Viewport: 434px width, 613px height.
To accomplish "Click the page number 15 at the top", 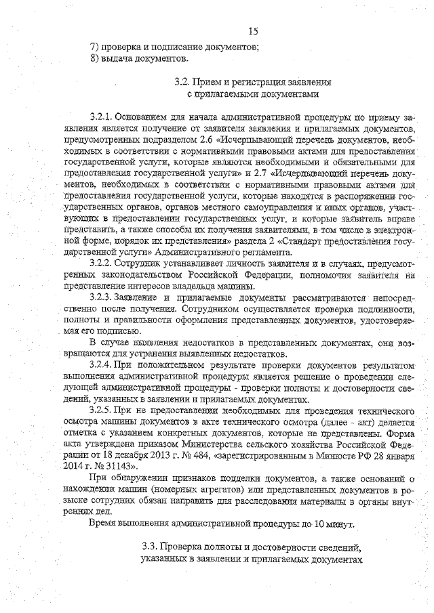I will (x=254, y=31).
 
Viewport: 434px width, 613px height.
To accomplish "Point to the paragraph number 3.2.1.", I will (x=102, y=117).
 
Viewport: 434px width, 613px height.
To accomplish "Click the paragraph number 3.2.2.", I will (x=102, y=263).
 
